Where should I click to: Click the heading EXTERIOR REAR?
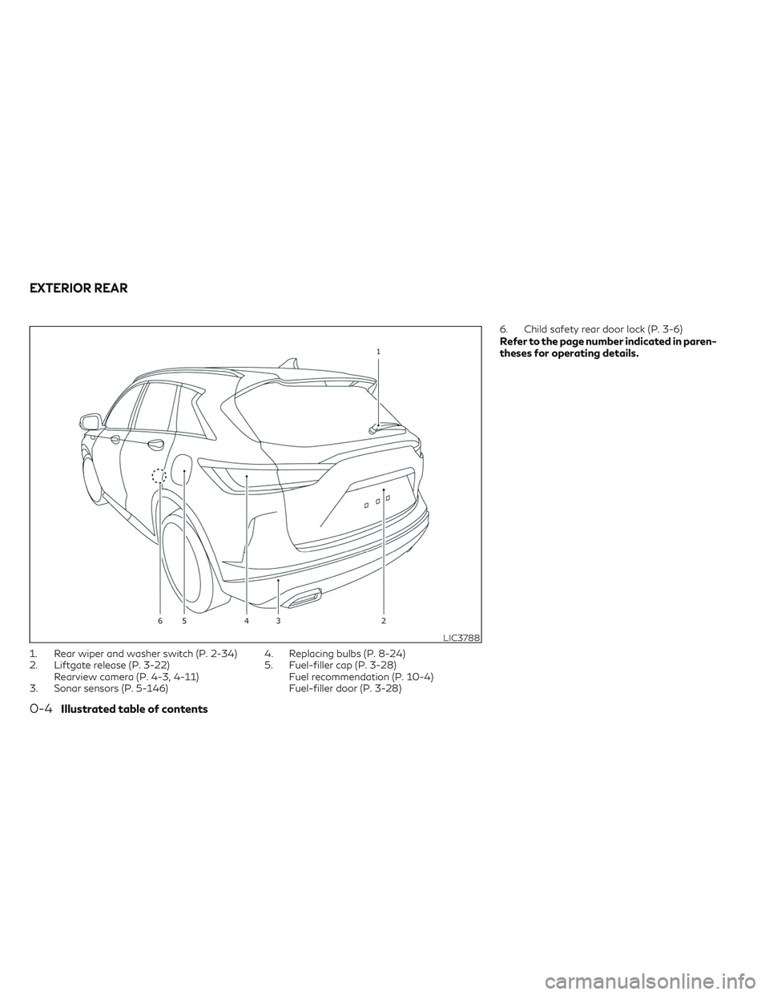[x=79, y=288]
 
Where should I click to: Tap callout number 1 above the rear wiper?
[x=378, y=351]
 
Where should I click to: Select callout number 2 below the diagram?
[x=384, y=621]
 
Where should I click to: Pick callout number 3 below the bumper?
[x=278, y=621]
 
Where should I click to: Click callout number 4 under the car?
[x=247, y=621]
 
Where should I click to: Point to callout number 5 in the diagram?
[x=184, y=621]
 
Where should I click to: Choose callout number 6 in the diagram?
[x=160, y=621]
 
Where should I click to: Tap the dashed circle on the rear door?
[x=159, y=476]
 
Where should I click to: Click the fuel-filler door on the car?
[x=183, y=469]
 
